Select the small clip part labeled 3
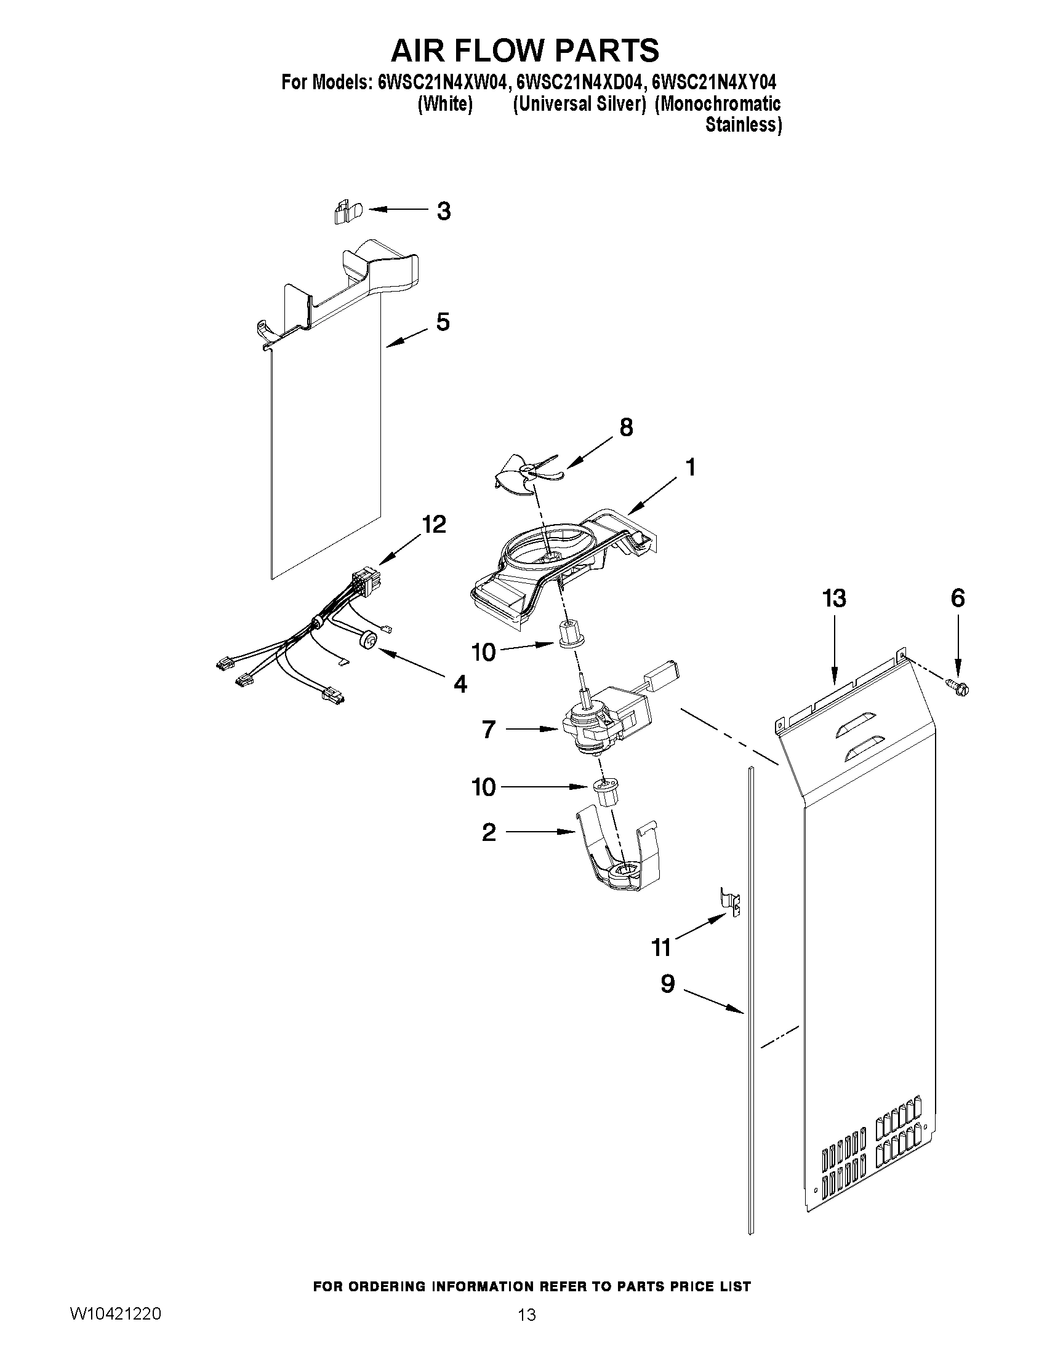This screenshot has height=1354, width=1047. [x=343, y=212]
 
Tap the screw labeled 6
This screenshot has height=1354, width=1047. [x=958, y=687]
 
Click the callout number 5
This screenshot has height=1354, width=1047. [x=442, y=322]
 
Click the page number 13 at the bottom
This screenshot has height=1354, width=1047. [x=527, y=1315]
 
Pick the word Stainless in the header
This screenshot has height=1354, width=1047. [x=743, y=125]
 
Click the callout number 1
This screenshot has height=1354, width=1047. [x=689, y=467]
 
